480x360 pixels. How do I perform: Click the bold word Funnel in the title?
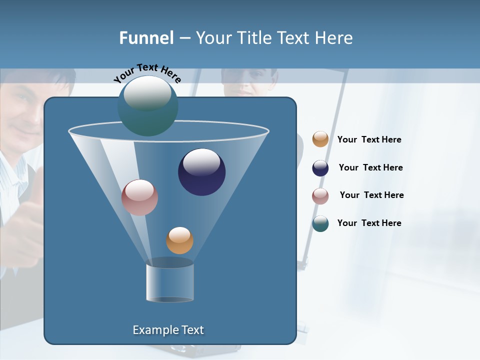click(146, 37)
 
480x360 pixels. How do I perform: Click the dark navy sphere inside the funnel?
click(201, 171)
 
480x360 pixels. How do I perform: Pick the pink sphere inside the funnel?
click(139, 197)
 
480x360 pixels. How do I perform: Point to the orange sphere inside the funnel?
click(179, 240)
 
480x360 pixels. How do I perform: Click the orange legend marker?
click(320, 139)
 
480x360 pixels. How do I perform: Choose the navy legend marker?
click(320, 168)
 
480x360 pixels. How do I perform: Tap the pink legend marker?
click(320, 195)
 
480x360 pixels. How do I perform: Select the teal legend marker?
click(320, 223)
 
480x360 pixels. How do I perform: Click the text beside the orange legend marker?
click(369, 139)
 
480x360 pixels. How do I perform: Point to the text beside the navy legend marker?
click(370, 167)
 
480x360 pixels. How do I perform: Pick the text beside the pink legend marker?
click(371, 195)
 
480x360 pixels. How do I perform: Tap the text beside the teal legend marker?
click(369, 223)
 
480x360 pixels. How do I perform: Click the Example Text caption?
click(168, 330)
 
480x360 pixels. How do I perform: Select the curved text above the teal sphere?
click(147, 72)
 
